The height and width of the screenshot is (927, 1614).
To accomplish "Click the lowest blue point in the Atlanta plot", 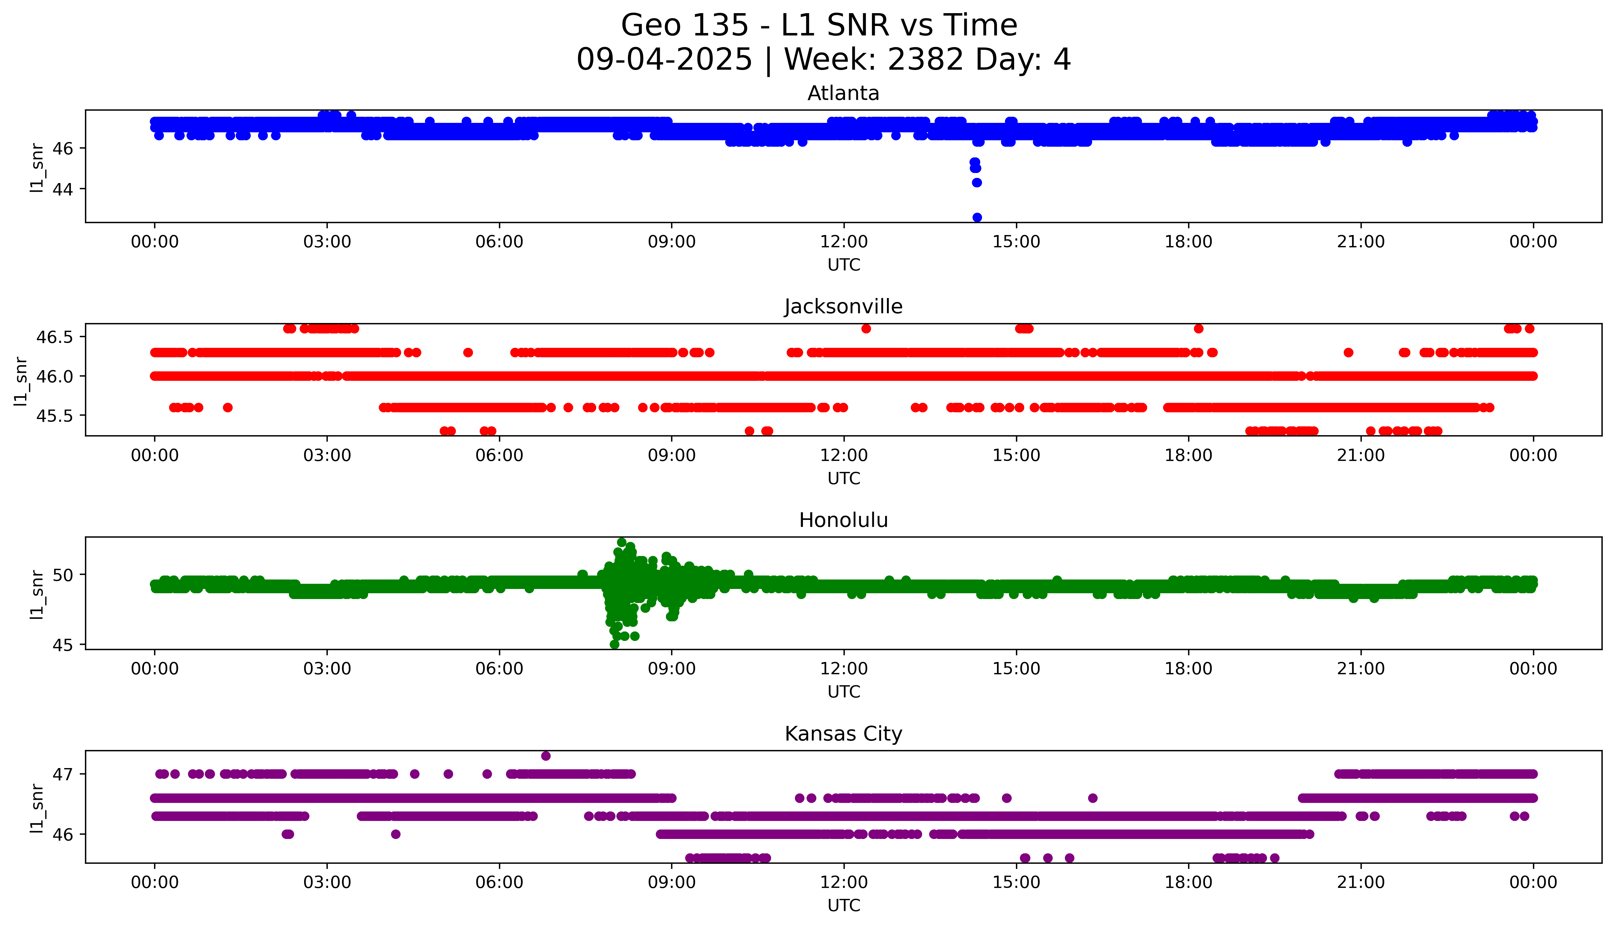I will coord(977,217).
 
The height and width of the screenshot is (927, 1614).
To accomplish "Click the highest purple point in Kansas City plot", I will coord(546,756).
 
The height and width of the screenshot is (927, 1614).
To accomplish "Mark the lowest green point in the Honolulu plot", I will coord(615,644).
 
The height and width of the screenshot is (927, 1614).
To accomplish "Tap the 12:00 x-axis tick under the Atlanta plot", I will coord(844,242).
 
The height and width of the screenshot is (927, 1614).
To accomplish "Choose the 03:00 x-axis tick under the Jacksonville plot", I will coord(327,455).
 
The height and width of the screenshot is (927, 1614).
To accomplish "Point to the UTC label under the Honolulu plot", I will coord(844,691).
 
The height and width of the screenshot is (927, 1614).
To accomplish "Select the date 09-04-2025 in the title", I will coord(664,60).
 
